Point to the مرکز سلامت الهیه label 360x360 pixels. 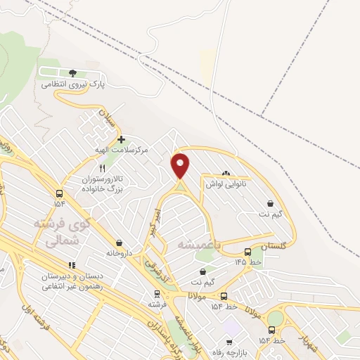coord(120,150)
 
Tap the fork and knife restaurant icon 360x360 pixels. coord(102,169)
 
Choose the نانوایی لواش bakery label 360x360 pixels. coord(224,184)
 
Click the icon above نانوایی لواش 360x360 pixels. coord(225,174)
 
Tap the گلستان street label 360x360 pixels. coord(274,247)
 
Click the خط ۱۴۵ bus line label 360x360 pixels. coord(248,262)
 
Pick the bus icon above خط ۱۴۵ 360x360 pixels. coord(247,252)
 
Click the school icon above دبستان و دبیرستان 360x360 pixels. coord(72,265)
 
